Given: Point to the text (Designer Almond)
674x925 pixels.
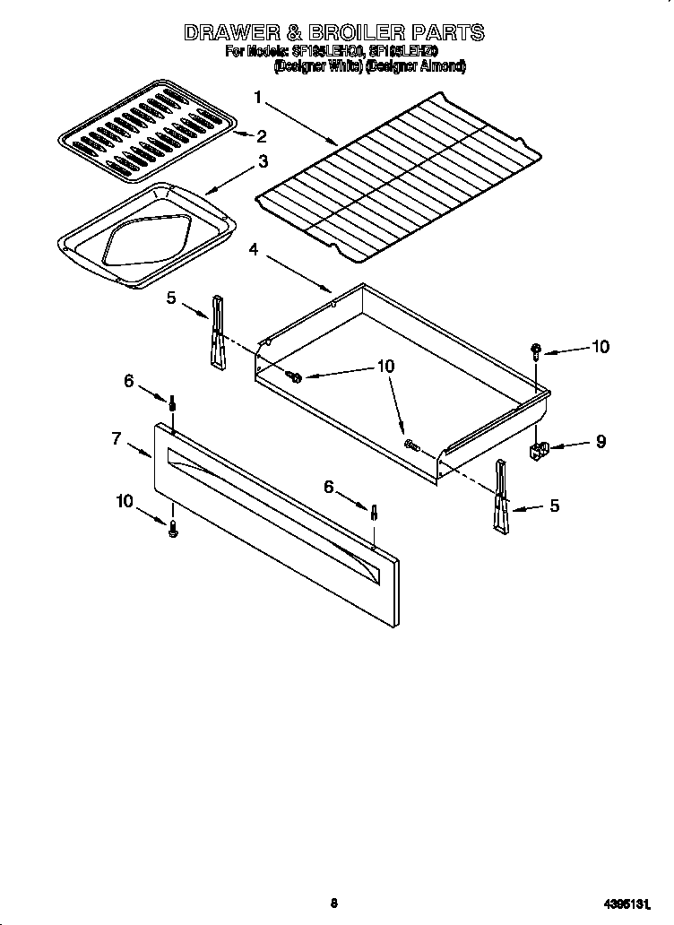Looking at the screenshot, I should pyautogui.click(x=413, y=65).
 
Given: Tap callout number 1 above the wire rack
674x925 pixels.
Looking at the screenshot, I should pyautogui.click(x=258, y=97).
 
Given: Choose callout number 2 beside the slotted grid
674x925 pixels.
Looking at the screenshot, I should pyautogui.click(x=261, y=136).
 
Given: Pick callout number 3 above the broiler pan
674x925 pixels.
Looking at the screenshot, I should pyautogui.click(x=263, y=161).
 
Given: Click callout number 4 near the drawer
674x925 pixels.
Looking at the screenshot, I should pyautogui.click(x=255, y=250).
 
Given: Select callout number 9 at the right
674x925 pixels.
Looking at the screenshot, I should pyautogui.click(x=601, y=441).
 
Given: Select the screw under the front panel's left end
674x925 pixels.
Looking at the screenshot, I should pyautogui.click(x=174, y=530).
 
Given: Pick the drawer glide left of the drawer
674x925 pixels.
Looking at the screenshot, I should pyautogui.click(x=217, y=332).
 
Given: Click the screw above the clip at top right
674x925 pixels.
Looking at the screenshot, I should pyautogui.click(x=536, y=350).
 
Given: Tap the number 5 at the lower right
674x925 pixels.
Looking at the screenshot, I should pyautogui.click(x=554, y=506).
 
